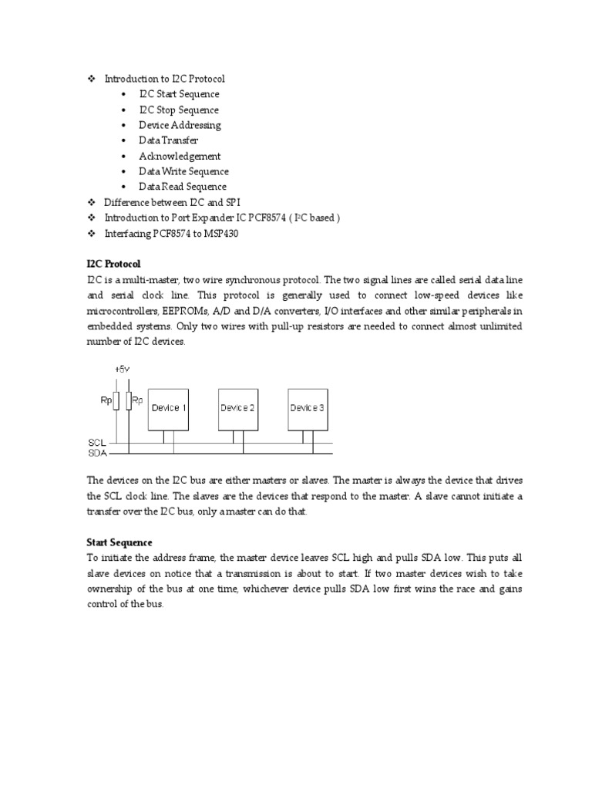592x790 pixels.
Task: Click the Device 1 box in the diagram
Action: click(x=167, y=407)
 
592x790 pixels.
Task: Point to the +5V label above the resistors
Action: click(x=122, y=370)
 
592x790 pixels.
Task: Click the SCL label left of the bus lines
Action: click(x=97, y=444)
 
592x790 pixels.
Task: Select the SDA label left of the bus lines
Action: click(x=97, y=453)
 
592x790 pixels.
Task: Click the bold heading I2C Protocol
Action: click(x=113, y=264)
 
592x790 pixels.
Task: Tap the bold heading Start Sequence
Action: click(x=119, y=542)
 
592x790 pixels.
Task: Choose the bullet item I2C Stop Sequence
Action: click(x=179, y=110)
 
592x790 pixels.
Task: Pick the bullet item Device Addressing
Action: click(x=180, y=125)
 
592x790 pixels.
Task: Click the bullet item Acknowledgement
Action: click(x=180, y=156)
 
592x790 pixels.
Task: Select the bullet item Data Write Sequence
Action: click(x=183, y=171)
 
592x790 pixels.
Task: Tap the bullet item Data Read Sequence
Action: click(x=183, y=187)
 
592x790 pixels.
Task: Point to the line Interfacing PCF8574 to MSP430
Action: click(x=171, y=233)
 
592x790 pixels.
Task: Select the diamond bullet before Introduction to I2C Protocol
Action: click(x=90, y=79)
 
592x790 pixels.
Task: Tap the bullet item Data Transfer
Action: click(x=168, y=140)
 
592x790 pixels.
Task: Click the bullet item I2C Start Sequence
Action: click(x=179, y=94)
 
